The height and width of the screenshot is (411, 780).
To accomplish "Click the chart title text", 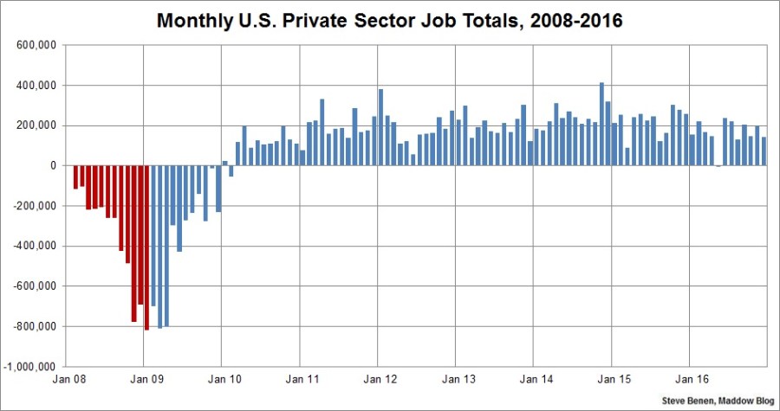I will [x=389, y=19].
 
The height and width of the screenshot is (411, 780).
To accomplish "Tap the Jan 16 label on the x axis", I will [x=690, y=378].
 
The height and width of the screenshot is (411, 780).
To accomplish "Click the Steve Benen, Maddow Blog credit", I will [x=717, y=401].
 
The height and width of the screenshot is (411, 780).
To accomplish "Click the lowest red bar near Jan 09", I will [x=147, y=247].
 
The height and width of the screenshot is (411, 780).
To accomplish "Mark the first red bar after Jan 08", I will [x=75, y=177].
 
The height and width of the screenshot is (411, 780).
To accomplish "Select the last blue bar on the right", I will [x=764, y=151].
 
